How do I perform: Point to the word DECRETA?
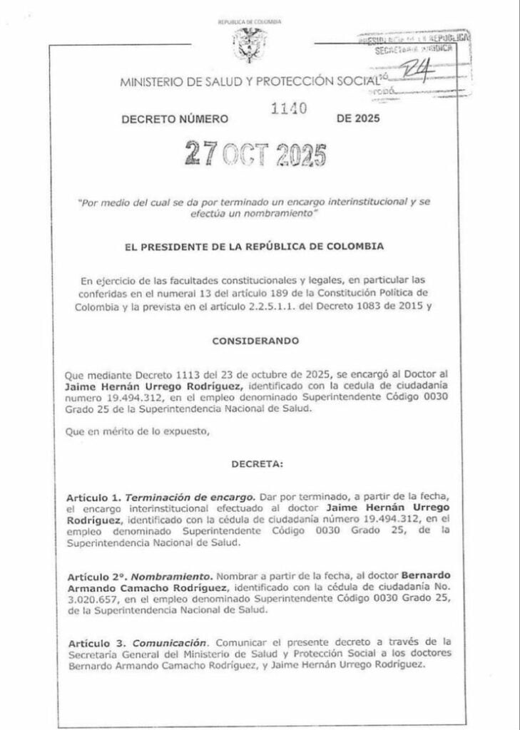click(x=258, y=464)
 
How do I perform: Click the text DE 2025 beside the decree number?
click(x=358, y=118)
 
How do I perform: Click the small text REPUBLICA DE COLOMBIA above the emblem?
click(x=249, y=23)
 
